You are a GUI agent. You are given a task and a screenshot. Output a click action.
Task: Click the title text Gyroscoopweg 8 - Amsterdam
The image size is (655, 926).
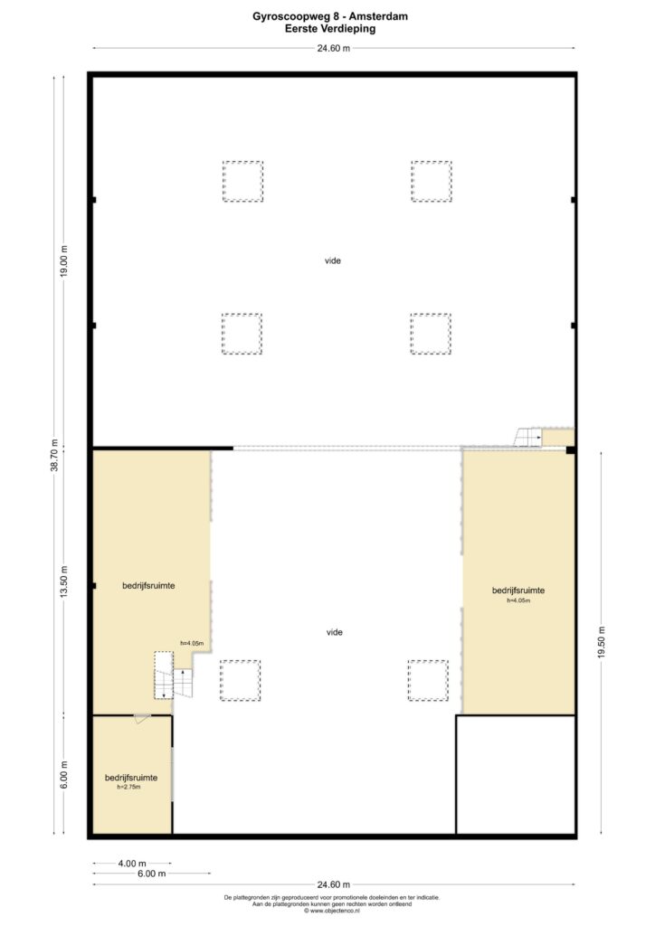pos(330,16)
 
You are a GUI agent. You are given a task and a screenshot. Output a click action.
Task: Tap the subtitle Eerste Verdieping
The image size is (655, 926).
pos(330,28)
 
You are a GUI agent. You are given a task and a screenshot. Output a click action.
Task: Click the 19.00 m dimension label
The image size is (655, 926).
pos(64,261)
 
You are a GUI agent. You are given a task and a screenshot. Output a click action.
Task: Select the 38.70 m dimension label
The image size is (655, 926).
pos(54,455)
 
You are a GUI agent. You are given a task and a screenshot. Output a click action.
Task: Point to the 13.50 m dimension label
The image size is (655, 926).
pos(64,581)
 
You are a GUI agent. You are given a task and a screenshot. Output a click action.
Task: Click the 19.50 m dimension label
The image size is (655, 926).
pos(602,642)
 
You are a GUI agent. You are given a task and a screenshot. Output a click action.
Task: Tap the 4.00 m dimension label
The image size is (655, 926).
pos(132,864)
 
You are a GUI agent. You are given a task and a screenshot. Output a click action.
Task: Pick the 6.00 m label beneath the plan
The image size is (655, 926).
pos(151,874)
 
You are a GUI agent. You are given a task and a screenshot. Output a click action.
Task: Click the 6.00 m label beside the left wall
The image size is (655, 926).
pos(64,774)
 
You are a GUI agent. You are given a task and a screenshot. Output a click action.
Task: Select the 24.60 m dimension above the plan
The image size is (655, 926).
pos(334,49)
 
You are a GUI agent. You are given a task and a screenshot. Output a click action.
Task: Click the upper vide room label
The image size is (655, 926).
pos(333,260)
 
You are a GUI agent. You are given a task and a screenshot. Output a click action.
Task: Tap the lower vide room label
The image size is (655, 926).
pos(335,632)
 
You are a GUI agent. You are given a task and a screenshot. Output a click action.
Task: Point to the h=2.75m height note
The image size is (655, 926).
pos(128,788)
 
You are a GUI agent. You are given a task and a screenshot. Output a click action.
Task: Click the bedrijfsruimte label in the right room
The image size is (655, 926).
pos(518,591)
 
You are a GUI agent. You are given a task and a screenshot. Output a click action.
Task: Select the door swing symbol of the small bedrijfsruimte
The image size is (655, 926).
pos(142,719)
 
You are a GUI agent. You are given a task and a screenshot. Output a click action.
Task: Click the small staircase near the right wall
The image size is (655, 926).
pos(528,438)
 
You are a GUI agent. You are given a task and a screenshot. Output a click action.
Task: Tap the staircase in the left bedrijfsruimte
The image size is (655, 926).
pos(173,676)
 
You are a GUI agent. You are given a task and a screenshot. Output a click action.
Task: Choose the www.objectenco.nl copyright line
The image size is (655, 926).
pos(332,911)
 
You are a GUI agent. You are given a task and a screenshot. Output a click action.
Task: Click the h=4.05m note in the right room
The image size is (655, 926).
pos(518,600)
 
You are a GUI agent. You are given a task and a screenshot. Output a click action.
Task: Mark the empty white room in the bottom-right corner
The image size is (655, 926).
pos(516,775)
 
